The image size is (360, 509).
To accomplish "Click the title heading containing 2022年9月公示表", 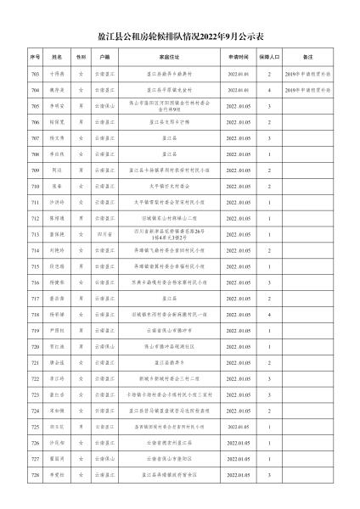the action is [x=180, y=37].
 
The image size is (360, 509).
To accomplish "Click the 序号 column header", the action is [x=35, y=58].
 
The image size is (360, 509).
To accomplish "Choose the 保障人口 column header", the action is [x=269, y=58].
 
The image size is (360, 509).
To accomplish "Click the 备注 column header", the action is [x=309, y=58].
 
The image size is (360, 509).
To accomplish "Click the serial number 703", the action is [x=35, y=74].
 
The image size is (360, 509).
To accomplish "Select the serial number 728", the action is [x=35, y=474].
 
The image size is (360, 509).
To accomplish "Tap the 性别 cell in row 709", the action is [x=81, y=170].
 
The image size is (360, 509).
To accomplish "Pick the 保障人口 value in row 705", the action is [x=269, y=106].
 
